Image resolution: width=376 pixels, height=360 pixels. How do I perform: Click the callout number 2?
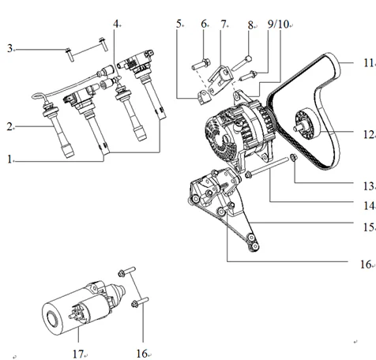pos(10,126)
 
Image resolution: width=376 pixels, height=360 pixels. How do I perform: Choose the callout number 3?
pos(10,49)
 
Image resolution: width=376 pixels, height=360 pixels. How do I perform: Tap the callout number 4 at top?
pos(116,24)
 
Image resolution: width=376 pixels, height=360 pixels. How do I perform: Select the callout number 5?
pos(179,24)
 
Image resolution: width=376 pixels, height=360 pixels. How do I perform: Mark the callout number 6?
pos(204,24)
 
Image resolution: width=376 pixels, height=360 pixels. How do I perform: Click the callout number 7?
pos(224,24)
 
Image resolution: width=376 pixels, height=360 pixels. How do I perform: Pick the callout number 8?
pos(250,24)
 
